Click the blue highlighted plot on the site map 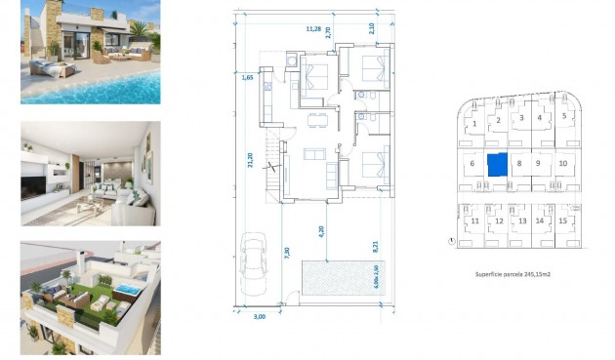(x=498, y=164)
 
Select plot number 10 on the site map (x=563, y=163)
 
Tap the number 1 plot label (x=474, y=124)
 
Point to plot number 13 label (x=521, y=221)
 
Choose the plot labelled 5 (x=564, y=116)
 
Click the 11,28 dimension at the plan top (x=313, y=29)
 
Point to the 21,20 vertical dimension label (x=251, y=161)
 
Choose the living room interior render (x=90, y=174)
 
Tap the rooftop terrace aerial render (x=90, y=299)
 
